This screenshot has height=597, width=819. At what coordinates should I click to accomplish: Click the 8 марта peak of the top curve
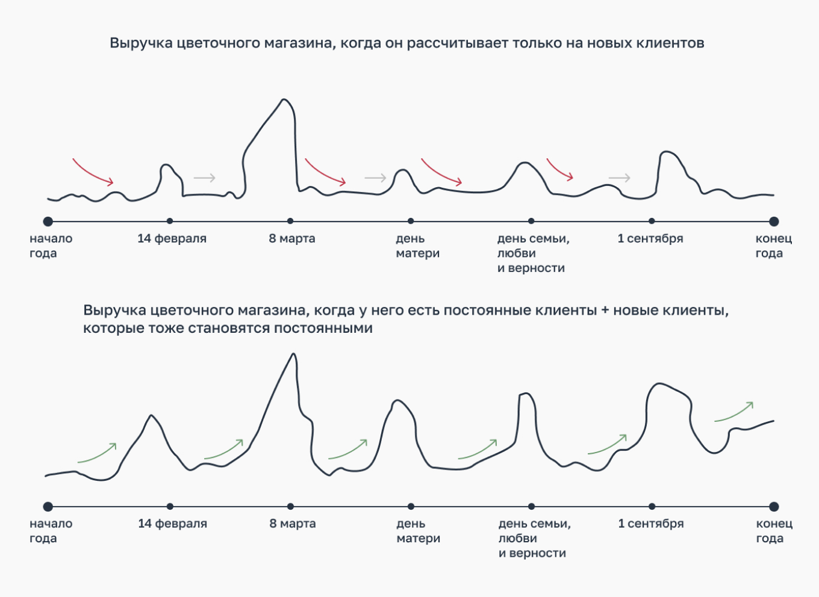(x=284, y=101)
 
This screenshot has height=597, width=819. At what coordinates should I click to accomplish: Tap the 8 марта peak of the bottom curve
(x=293, y=354)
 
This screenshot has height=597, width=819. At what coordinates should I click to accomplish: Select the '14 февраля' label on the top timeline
(x=172, y=238)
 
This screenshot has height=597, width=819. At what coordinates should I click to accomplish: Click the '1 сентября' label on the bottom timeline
(x=651, y=524)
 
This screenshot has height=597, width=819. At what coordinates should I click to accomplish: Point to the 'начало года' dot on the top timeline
(x=48, y=221)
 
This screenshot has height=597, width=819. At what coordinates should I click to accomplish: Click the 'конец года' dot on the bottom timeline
(x=774, y=507)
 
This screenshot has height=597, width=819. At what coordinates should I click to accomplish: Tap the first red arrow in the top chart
(x=93, y=172)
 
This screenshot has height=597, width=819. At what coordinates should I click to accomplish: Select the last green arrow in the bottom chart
(x=733, y=412)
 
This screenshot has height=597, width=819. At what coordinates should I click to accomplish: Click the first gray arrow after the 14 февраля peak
(x=205, y=178)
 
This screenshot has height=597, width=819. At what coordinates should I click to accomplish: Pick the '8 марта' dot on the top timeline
(x=290, y=221)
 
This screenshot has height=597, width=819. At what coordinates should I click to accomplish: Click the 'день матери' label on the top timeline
(x=417, y=246)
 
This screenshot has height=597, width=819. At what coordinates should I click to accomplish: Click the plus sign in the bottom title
(x=605, y=311)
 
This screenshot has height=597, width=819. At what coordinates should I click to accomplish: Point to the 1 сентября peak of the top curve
(x=666, y=152)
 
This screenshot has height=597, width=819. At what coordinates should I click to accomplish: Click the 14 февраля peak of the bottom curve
(x=151, y=416)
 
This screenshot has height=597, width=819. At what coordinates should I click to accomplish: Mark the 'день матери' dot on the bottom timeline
(x=411, y=507)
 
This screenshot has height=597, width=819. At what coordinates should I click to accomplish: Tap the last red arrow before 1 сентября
(x=559, y=169)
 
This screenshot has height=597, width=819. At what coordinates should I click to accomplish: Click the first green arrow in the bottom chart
(x=97, y=453)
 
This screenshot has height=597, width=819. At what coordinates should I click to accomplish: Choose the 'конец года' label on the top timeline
(x=773, y=246)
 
